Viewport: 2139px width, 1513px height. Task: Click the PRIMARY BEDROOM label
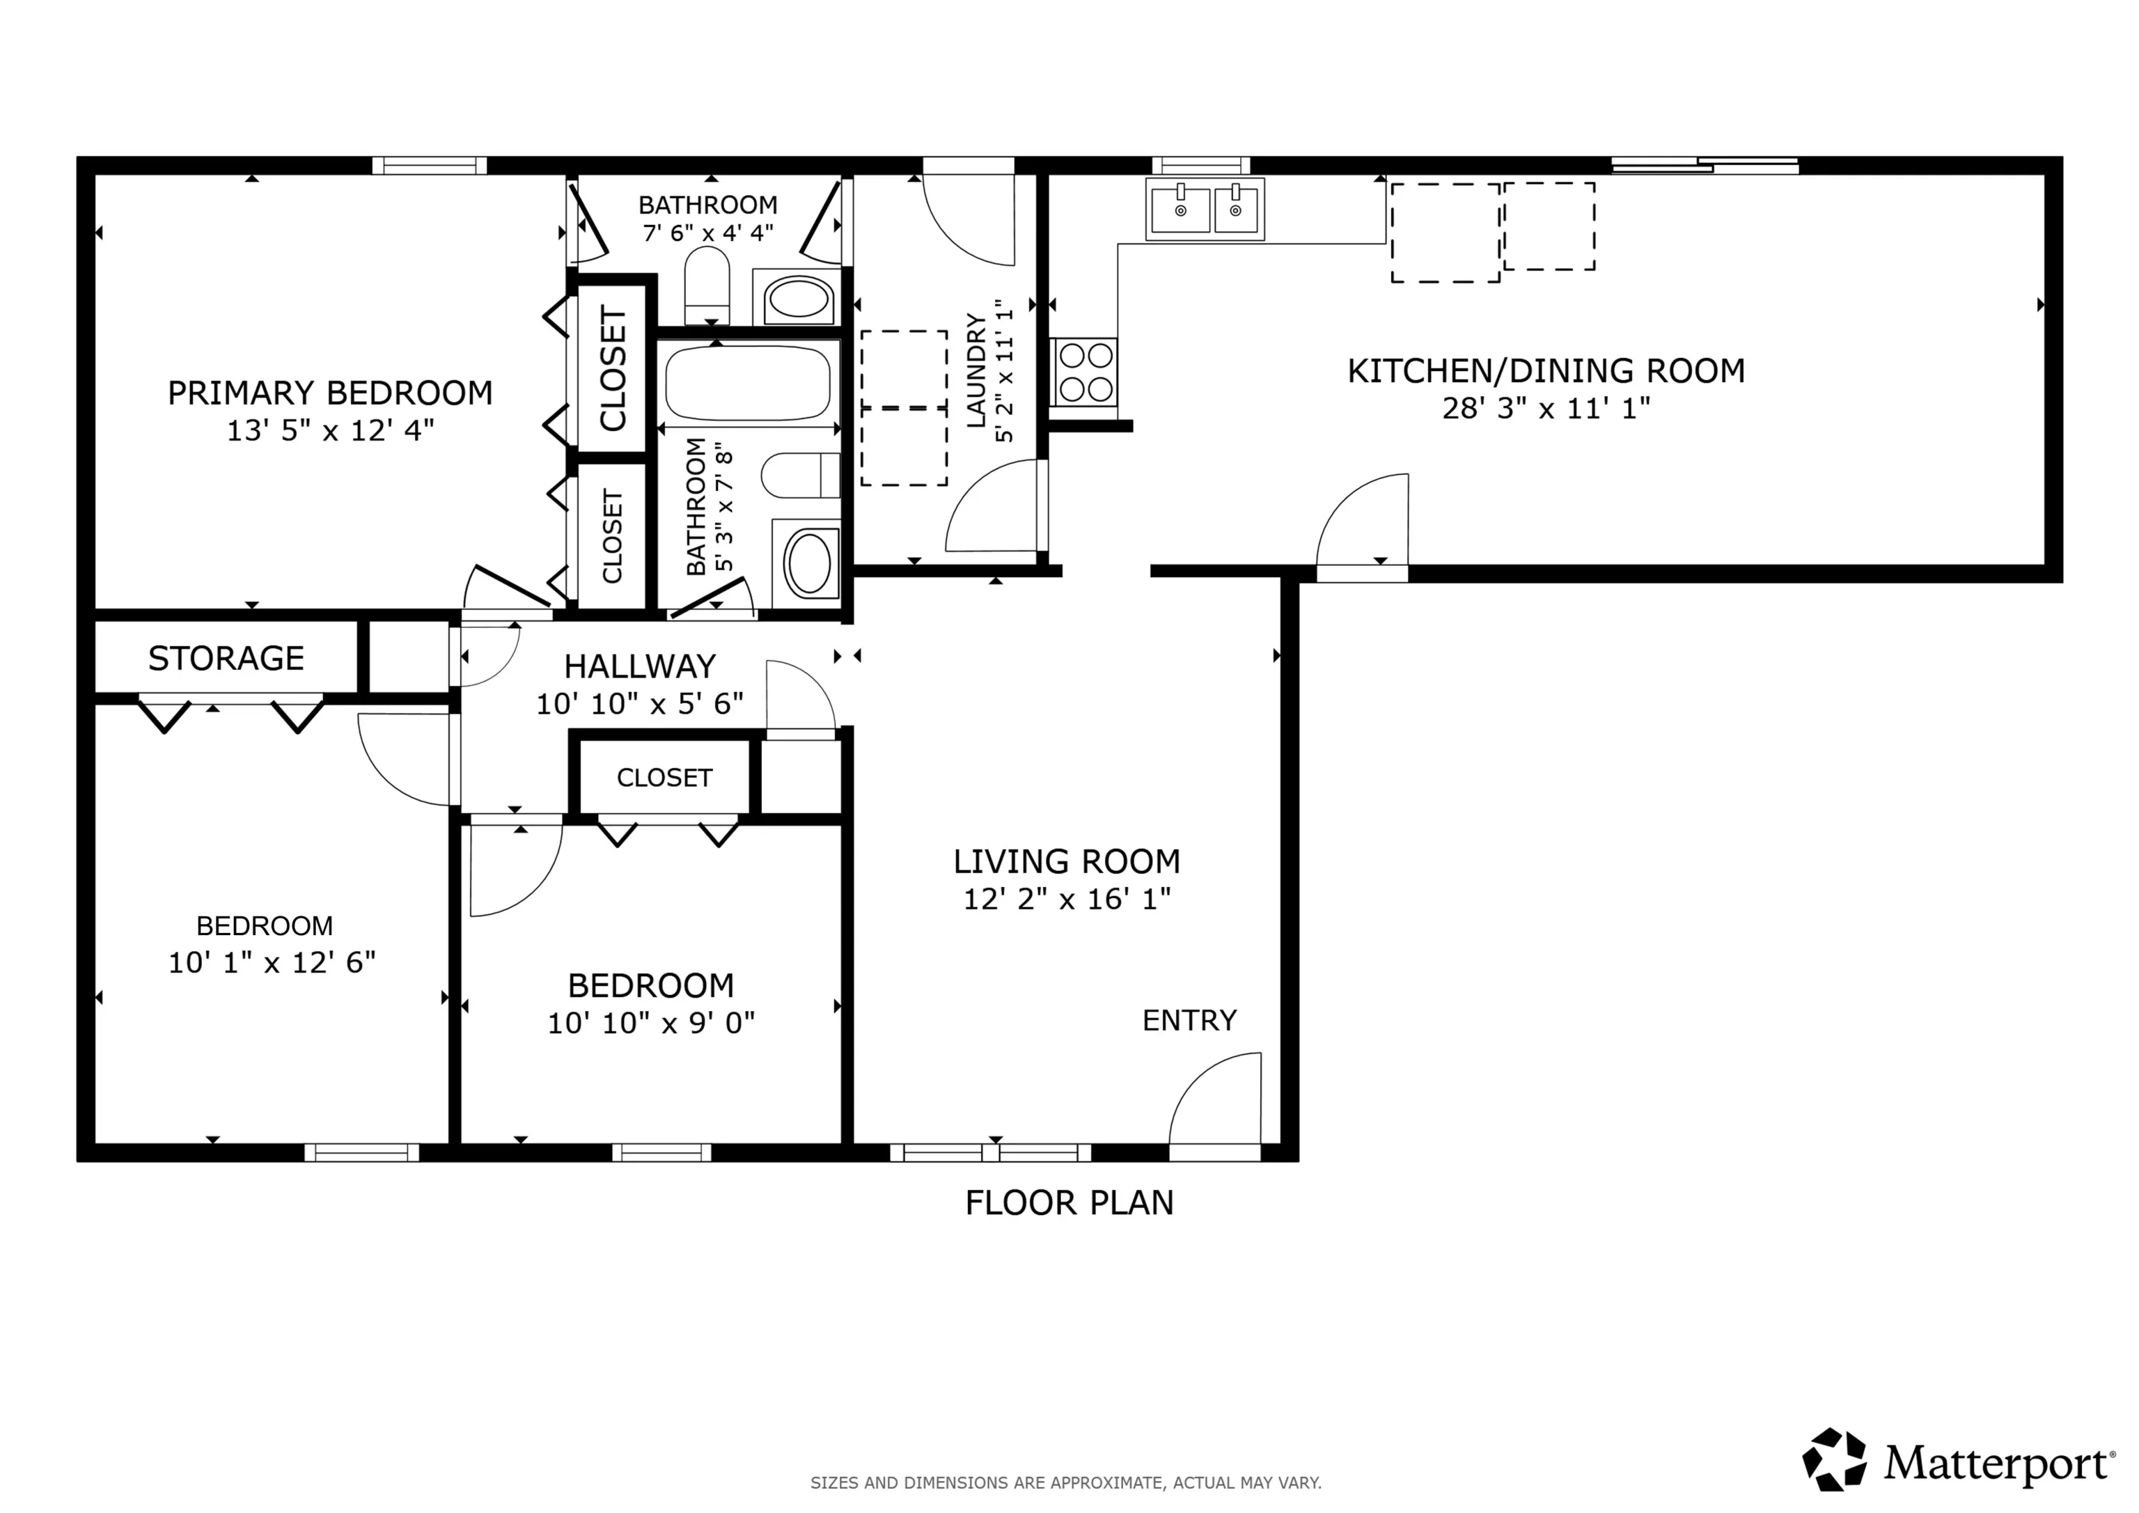coord(330,393)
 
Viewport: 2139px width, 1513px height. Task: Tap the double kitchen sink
coord(1205,210)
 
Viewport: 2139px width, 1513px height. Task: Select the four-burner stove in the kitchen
coord(1086,373)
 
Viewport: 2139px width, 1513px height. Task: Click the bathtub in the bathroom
coord(747,383)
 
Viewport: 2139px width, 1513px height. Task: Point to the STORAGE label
coord(226,659)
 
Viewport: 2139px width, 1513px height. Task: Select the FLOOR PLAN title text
coord(1069,1202)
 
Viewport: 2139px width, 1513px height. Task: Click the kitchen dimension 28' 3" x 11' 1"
coord(1546,408)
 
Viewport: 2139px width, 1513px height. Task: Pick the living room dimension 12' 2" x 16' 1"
coord(1067,899)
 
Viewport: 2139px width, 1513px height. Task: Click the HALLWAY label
coord(640,667)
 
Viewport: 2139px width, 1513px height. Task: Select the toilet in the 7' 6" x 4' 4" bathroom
coord(707,284)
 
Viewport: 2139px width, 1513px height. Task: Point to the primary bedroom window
coord(430,166)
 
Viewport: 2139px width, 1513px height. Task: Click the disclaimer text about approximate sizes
coord(1066,1482)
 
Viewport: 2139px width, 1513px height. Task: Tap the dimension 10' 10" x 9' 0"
coord(651,1023)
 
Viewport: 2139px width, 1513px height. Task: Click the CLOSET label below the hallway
coord(664,778)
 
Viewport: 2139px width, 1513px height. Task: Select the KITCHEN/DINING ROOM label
coord(1546,371)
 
